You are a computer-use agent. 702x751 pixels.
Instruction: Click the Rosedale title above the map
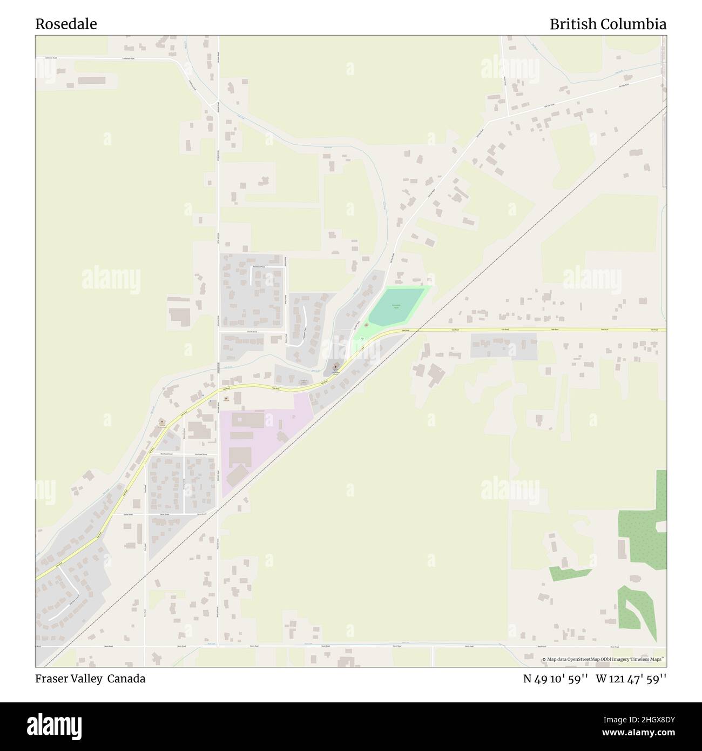pyautogui.click(x=66, y=24)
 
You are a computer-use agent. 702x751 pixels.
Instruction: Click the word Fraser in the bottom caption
pyautogui.click(x=53, y=679)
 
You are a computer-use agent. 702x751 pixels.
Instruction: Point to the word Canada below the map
pyautogui.click(x=126, y=679)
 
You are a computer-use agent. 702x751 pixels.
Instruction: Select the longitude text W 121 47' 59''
pyautogui.click(x=631, y=679)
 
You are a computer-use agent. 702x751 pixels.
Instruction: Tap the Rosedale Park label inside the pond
pyautogui.click(x=396, y=306)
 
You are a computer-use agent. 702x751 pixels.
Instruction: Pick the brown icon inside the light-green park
pyautogui.click(x=367, y=325)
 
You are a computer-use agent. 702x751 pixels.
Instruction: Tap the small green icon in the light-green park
pyautogui.click(x=362, y=339)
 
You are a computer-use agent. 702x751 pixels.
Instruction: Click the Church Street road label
pyautogui.click(x=252, y=331)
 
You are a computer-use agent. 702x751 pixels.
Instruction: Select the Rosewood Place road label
pyautogui.click(x=260, y=267)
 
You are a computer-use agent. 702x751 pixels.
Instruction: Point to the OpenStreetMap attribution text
pyautogui.click(x=604, y=659)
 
